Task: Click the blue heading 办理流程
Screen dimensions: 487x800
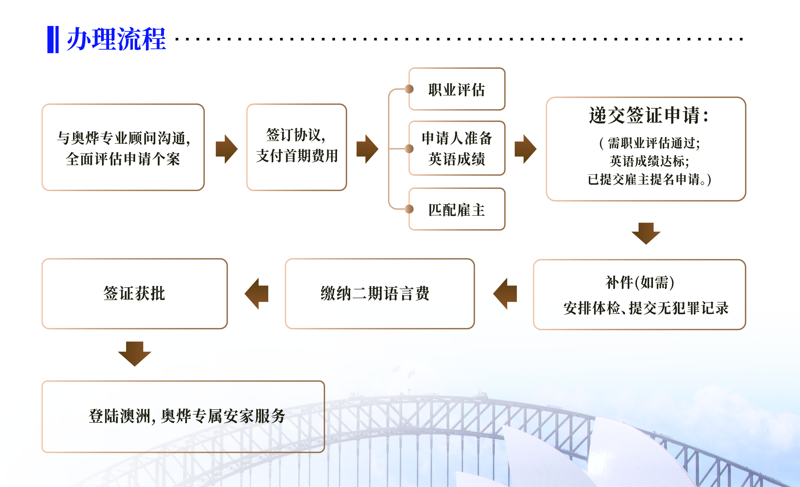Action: click(x=116, y=39)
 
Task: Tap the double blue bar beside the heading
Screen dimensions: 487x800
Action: click(x=53, y=39)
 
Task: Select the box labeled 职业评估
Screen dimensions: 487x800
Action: click(x=456, y=89)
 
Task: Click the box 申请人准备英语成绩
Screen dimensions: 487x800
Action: click(x=456, y=148)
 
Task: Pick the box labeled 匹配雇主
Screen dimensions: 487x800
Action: click(x=456, y=209)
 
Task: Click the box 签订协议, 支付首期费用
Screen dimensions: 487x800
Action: click(x=297, y=147)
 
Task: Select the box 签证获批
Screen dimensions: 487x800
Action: click(x=134, y=294)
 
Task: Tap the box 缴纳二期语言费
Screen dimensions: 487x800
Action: click(x=379, y=294)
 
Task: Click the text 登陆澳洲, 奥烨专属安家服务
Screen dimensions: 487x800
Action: click(x=187, y=416)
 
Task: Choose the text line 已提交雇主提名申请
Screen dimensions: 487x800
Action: click(x=649, y=179)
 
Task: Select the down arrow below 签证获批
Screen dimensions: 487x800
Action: click(x=134, y=353)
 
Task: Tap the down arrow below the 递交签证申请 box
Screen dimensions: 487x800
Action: click(x=646, y=233)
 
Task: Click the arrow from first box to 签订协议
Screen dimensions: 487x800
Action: click(x=227, y=149)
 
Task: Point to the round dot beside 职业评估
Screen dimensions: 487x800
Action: click(x=409, y=89)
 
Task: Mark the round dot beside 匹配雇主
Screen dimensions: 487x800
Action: click(x=409, y=209)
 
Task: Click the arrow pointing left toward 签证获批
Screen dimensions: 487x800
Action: click(x=257, y=294)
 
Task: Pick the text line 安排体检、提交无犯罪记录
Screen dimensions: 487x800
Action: click(x=645, y=308)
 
